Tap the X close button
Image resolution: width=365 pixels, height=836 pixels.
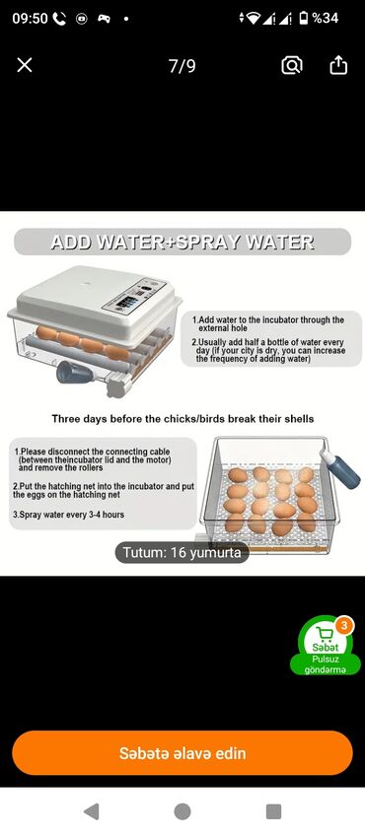coord(25,65)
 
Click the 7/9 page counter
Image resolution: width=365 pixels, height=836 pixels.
coord(182,66)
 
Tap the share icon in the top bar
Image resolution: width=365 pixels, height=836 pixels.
coord(338,65)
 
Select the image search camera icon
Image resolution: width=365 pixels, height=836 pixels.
coord(292,66)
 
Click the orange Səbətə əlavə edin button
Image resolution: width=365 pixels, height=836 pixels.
coord(182,753)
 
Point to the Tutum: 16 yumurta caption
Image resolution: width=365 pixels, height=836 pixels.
coord(182,552)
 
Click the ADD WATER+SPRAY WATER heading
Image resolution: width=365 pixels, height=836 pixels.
coord(182,243)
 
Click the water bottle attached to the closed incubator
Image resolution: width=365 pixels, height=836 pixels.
coord(74,372)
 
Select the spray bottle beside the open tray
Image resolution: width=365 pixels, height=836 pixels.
coord(340,467)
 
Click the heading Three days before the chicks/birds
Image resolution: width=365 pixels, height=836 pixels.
coord(182,419)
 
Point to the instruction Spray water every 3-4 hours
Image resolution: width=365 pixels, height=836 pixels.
coord(69,515)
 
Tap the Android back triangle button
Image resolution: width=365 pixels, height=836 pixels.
coord(91,811)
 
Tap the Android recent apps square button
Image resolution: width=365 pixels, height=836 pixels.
coord(273,811)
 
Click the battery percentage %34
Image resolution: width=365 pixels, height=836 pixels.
coord(325,18)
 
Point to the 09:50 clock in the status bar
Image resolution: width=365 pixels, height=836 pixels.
coord(30,18)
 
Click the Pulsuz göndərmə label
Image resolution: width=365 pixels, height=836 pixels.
coord(325,664)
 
